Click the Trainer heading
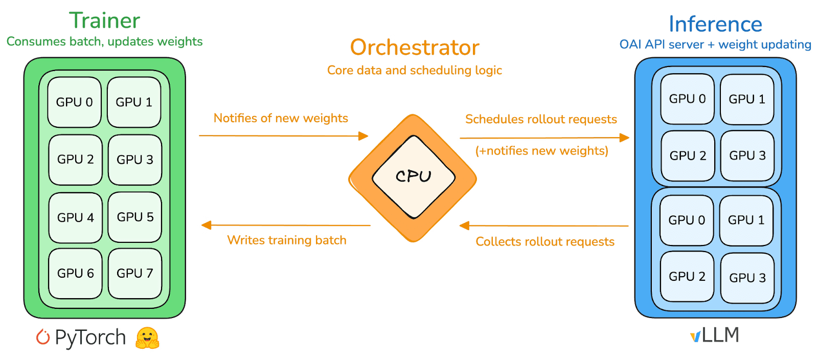[105, 21]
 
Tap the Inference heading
[715, 24]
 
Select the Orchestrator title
[415, 48]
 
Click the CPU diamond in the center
[413, 177]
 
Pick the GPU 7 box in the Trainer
[135, 274]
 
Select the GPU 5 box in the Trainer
[135, 217]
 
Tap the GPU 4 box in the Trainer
[76, 218]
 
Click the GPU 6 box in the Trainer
[76, 274]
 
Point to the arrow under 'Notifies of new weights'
[284, 136]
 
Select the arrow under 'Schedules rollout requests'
[544, 138]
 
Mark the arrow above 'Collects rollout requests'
[545, 226]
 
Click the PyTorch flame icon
[43, 337]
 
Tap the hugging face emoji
[147, 338]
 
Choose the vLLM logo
[715, 335]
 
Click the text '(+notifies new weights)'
[542, 151]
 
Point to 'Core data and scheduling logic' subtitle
[415, 70]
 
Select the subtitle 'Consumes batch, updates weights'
[105, 41]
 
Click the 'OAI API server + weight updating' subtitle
[715, 45]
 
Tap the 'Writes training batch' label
[287, 240]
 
